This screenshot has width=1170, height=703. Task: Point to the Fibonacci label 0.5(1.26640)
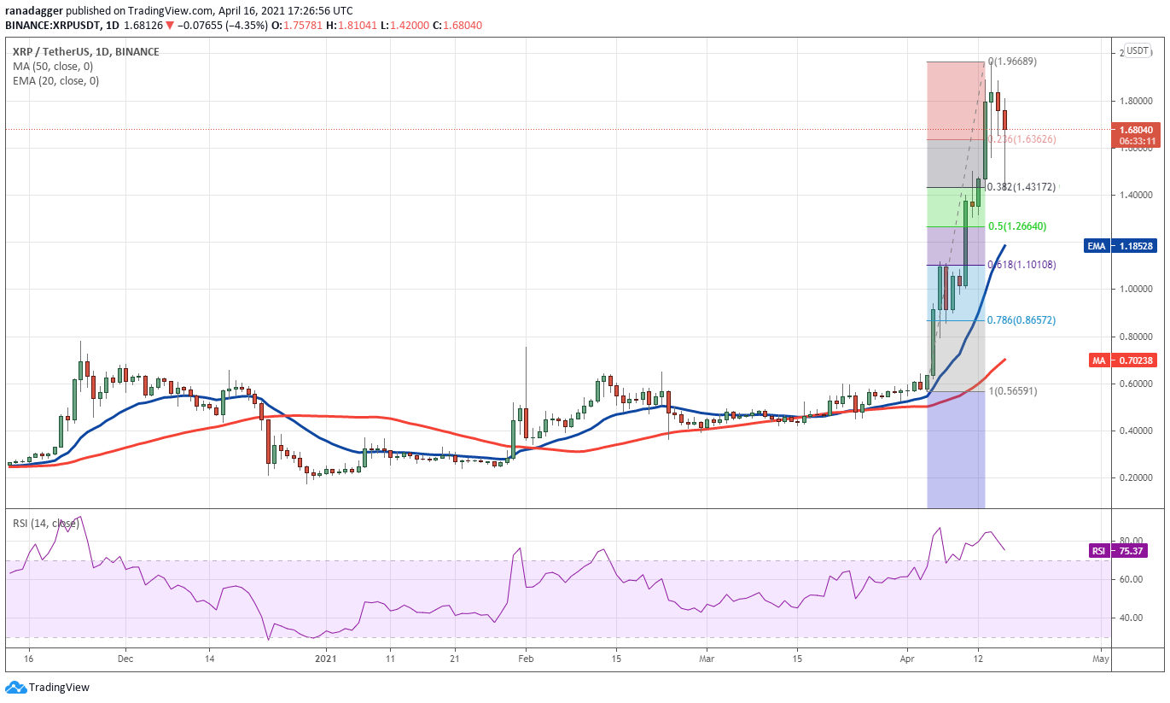coord(1016,226)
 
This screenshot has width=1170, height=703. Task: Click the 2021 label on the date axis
coord(325,659)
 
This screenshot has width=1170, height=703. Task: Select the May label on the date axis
coord(1101,659)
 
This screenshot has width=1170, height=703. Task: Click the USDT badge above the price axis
coord(1137,50)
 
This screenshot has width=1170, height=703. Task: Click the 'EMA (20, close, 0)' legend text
coord(55,81)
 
